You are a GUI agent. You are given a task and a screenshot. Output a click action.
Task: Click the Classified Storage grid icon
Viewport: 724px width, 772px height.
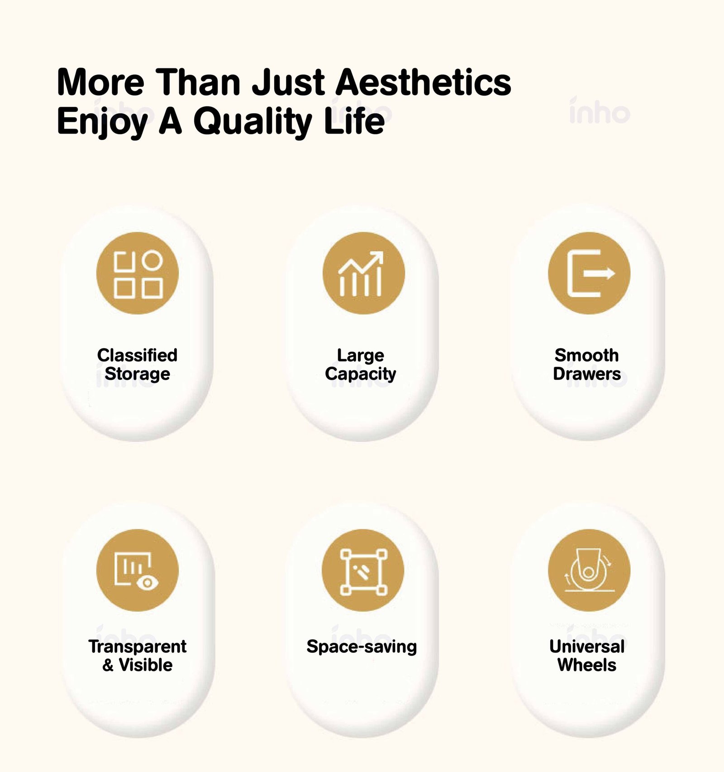coord(138,273)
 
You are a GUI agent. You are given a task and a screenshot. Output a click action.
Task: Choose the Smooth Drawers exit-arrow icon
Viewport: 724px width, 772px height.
coord(589,273)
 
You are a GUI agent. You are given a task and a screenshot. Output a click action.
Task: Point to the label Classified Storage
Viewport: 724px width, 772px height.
coord(137,364)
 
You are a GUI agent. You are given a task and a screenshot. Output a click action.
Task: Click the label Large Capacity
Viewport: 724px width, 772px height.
coord(361,364)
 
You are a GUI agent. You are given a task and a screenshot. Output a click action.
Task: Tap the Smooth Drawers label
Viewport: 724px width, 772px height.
coord(587,364)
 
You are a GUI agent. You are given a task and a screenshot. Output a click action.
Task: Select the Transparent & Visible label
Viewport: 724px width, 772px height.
coord(137,656)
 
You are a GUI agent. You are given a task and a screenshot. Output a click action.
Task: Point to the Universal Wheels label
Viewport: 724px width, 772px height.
coord(587,656)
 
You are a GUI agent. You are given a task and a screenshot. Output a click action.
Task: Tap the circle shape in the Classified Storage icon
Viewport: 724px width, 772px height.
coord(152,261)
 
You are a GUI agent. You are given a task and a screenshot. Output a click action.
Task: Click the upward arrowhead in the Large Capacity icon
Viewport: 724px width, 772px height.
coord(376,257)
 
